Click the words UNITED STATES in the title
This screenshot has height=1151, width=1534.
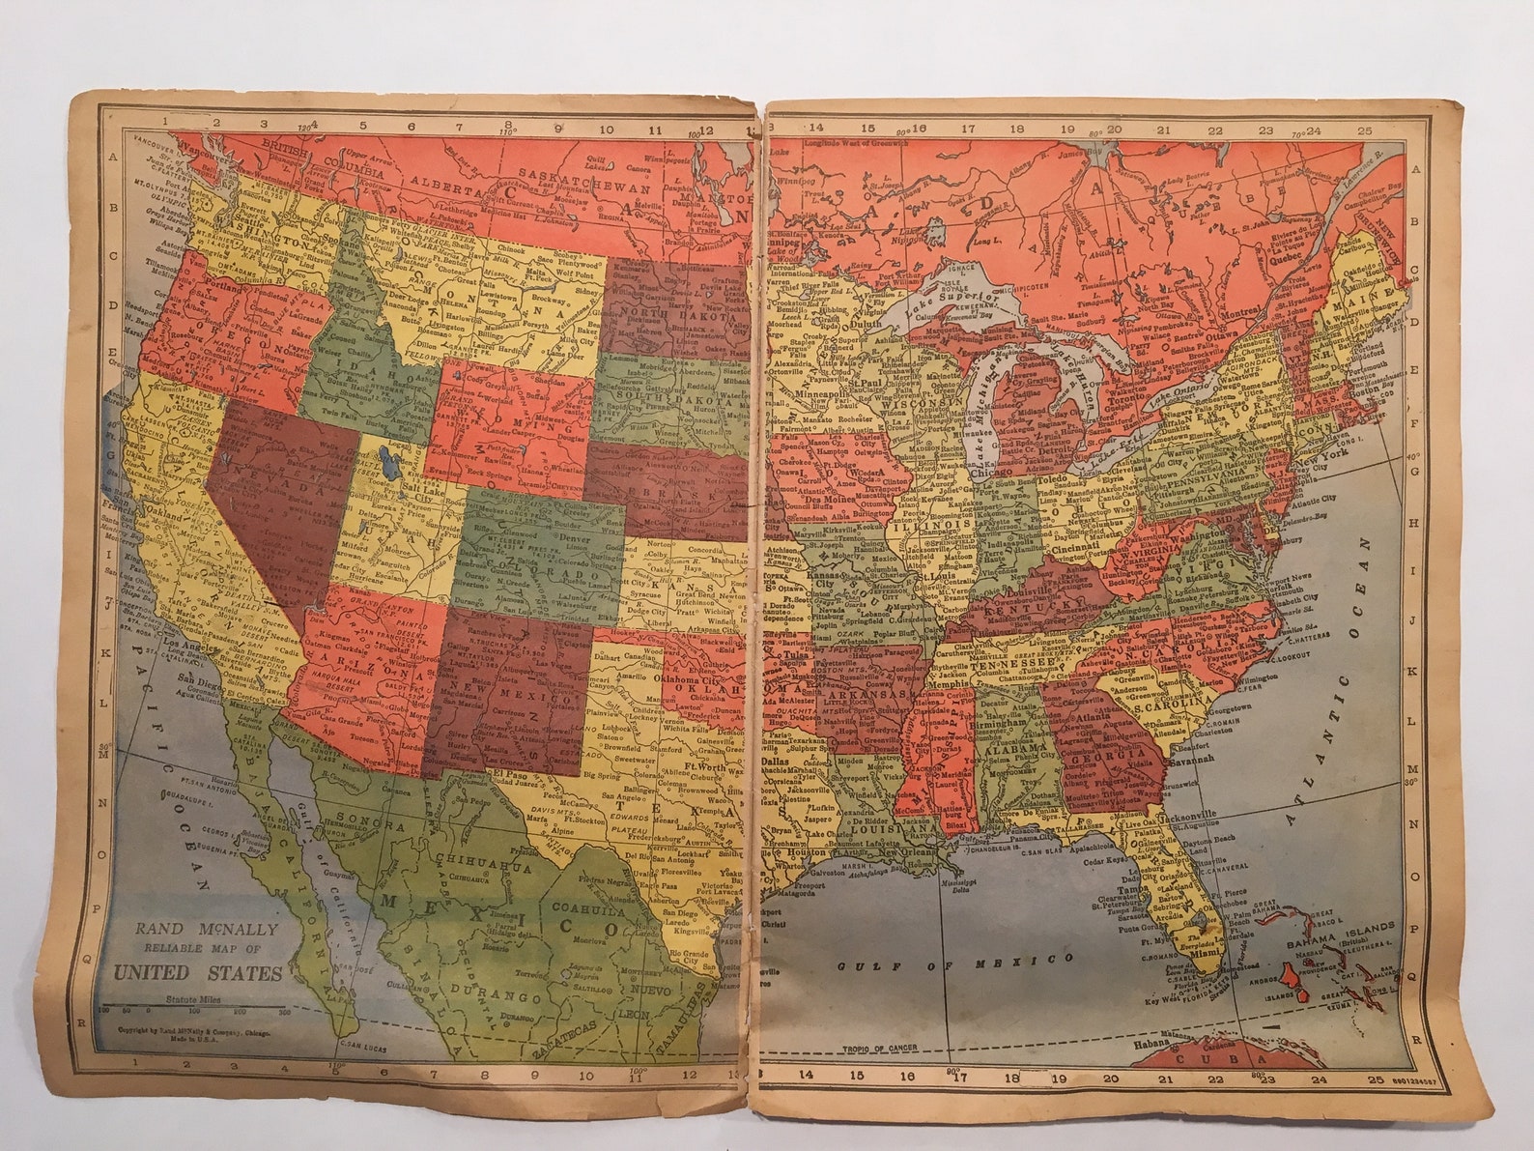point(197,972)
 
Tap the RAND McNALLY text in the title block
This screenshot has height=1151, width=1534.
point(206,930)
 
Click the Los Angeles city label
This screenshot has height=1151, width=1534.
point(185,644)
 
